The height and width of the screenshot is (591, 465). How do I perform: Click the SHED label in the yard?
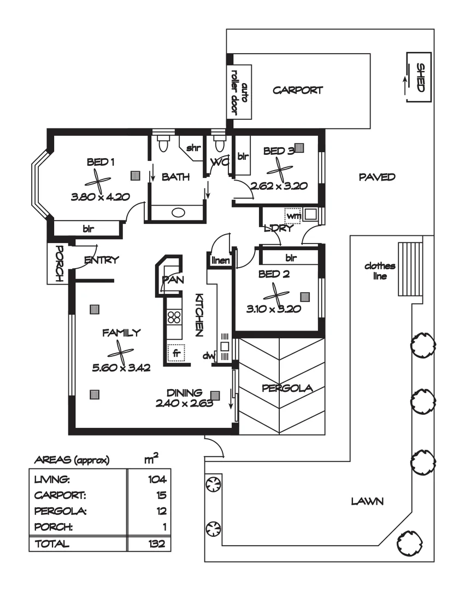pos(420,77)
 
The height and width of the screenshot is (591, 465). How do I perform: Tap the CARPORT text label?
pos(298,90)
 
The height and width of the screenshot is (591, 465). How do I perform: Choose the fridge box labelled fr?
pos(176,353)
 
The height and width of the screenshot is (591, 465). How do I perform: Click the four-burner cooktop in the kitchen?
pos(174,317)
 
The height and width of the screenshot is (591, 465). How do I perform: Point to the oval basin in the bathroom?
pos(178,213)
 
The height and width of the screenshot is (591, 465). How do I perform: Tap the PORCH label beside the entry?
pos(57,263)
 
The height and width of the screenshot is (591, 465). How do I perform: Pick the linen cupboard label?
pos(221,261)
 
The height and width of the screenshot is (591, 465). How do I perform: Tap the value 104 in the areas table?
pos(156,480)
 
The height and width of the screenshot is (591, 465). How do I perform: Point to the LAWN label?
pos(366,500)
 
